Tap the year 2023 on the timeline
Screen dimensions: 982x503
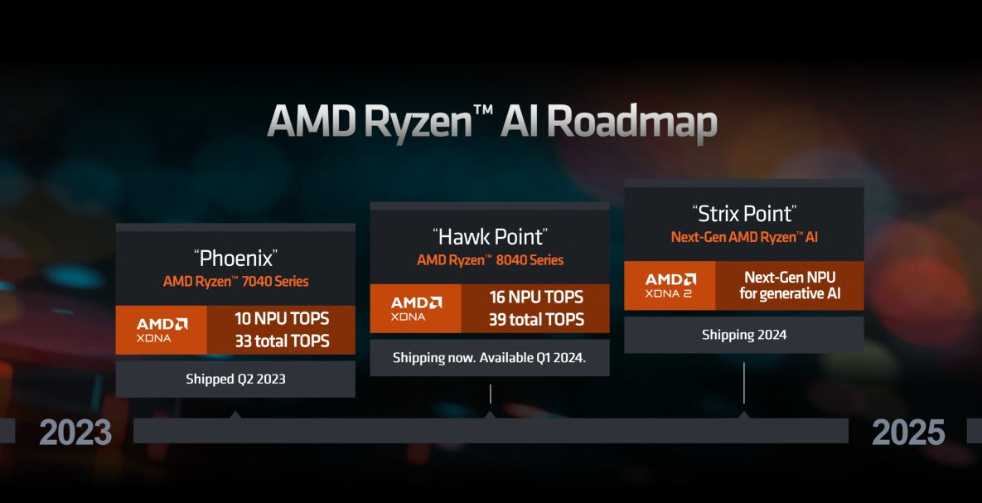75,433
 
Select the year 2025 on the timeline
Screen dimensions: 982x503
908,433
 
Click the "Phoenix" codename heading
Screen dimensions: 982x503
235,258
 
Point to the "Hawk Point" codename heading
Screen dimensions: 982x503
490,236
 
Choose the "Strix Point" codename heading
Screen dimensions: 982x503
744,214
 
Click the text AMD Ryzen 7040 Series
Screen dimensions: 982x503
235,281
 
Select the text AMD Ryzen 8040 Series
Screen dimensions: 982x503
490,260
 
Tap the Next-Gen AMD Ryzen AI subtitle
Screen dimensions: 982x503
744,237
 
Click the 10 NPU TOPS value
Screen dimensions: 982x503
282,318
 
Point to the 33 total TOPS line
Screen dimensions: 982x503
282,341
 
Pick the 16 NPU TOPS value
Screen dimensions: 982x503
536,297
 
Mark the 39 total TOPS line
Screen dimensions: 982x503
536,320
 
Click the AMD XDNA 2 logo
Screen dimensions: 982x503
670,285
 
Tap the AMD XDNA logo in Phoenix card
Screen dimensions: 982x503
162,330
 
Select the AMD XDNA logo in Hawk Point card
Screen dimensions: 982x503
416,308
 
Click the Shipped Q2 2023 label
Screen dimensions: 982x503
235,379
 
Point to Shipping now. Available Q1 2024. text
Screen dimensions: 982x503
490,358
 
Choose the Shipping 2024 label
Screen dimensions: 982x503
744,335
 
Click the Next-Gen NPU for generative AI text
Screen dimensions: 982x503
790,285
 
